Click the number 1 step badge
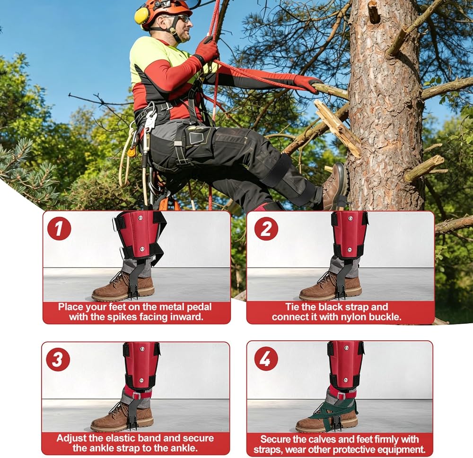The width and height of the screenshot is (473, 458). [59, 228]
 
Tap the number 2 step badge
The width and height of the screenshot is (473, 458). [266, 228]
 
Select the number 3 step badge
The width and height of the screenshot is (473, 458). [58, 359]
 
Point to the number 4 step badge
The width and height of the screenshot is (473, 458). [265, 359]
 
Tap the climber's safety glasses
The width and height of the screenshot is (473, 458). [182, 19]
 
